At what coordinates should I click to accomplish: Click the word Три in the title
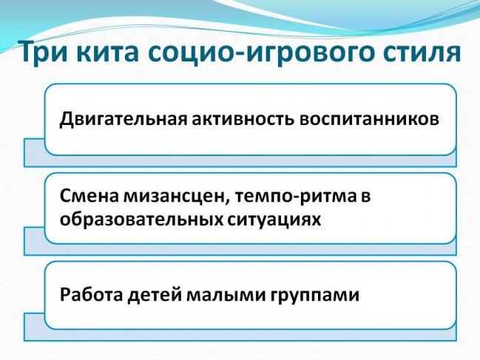tap(43, 52)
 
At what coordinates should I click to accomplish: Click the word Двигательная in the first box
tap(123, 119)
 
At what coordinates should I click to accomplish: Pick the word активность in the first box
tap(243, 119)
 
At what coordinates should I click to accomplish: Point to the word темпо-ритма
tap(297, 197)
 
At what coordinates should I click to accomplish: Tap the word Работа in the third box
tap(91, 294)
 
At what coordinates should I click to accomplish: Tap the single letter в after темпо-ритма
tap(366, 197)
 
